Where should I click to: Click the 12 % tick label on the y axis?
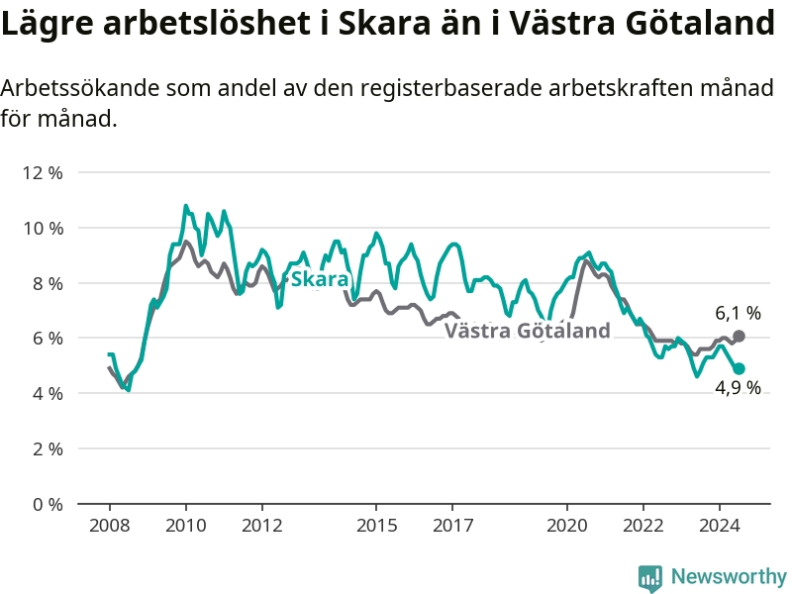tap(43, 173)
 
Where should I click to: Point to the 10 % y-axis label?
tap(43, 229)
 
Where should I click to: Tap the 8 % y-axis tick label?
tap(48, 283)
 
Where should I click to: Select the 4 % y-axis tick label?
tap(48, 393)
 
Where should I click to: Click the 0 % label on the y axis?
tap(48, 504)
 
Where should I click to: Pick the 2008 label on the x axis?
tap(110, 526)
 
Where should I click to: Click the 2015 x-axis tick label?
tap(376, 526)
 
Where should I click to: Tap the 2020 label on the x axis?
tap(566, 526)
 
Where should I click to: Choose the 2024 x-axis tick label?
tap(720, 526)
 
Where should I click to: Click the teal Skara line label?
tap(320, 279)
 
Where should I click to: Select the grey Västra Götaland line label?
tap(528, 331)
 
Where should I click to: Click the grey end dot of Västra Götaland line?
tap(739, 336)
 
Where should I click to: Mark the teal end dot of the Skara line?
tap(739, 368)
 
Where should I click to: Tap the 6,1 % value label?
tap(738, 313)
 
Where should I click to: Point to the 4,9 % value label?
tap(738, 387)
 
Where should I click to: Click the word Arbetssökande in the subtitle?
tap(80, 88)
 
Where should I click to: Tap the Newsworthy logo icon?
tap(650, 578)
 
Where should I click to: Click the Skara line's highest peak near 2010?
tap(186, 206)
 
